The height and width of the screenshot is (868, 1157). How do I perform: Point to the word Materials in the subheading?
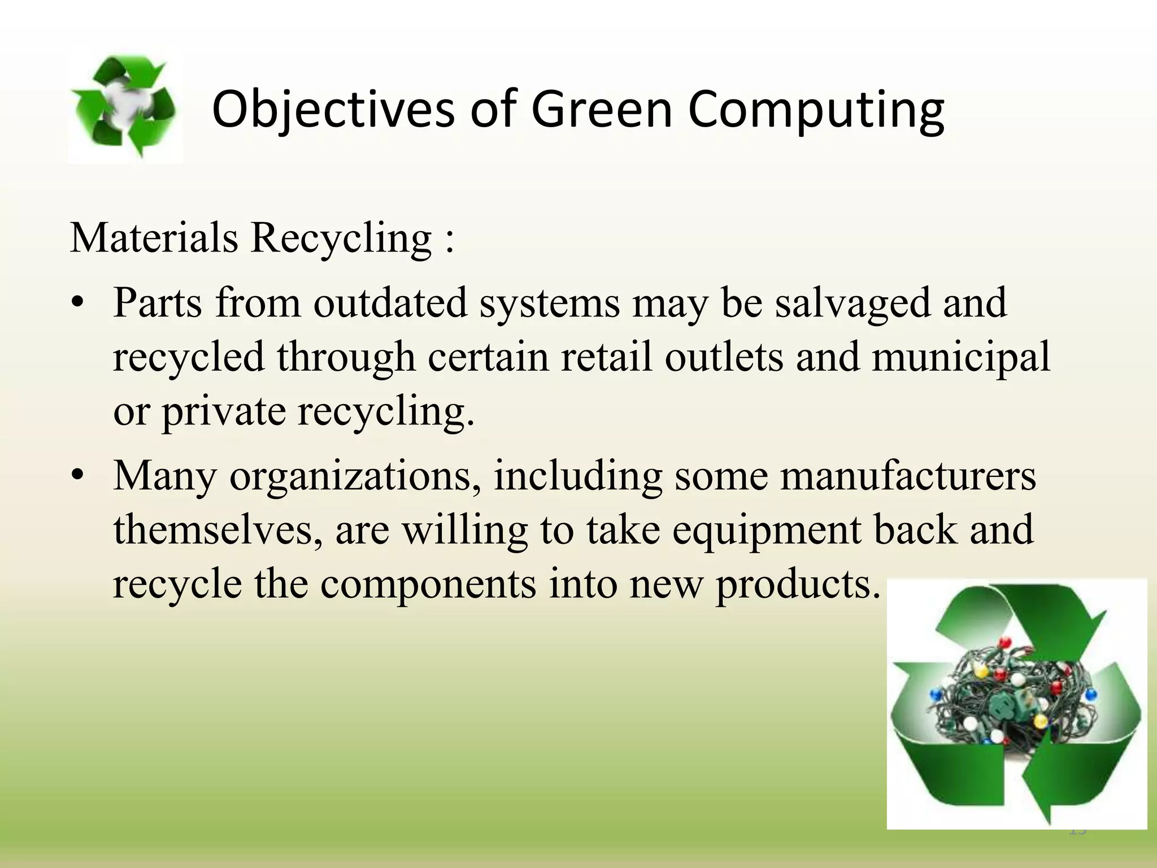pyautogui.click(x=154, y=237)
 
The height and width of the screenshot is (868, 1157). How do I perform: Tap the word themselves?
pyautogui.click(x=218, y=530)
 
